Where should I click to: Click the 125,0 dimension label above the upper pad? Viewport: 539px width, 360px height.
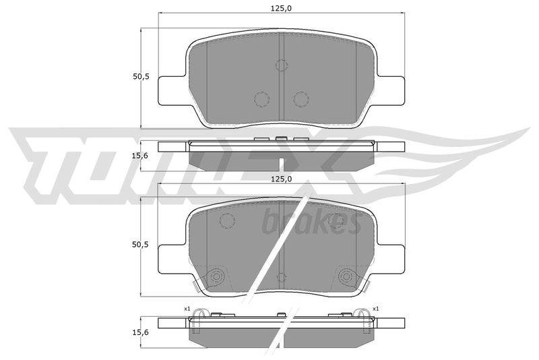coord(281,8)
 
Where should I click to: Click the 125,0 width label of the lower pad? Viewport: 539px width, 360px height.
coord(281,179)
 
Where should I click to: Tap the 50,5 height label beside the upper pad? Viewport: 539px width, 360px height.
coord(141,77)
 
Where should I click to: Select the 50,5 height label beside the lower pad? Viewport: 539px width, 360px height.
coord(141,245)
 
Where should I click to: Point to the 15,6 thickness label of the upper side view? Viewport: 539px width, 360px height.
coord(139,156)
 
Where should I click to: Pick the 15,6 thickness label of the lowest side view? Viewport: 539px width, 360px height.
coord(139,332)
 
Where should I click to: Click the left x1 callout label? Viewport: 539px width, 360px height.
coord(187,309)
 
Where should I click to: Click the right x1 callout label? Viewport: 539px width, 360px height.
coord(375,309)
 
